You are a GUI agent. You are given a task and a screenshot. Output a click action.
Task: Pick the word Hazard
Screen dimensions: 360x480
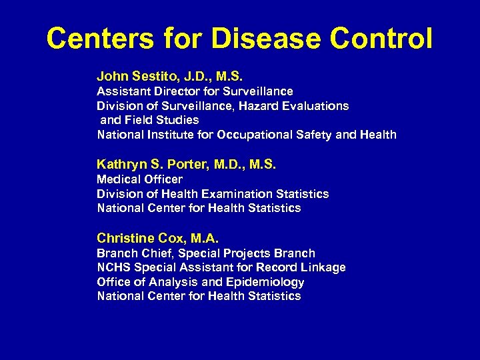[243, 105]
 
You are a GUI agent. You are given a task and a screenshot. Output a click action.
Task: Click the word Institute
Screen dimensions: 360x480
[166, 135]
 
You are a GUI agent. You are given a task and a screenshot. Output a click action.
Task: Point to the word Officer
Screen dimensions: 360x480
[162, 179]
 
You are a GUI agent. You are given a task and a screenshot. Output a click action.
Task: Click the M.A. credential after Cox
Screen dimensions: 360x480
[204, 237]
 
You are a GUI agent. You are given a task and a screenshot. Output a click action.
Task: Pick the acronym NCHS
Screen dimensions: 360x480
[114, 267]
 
